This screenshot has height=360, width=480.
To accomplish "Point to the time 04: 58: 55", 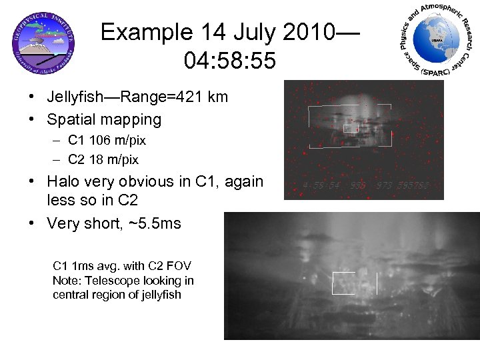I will click(230, 61).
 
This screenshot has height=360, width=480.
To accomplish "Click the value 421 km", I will click(208, 97).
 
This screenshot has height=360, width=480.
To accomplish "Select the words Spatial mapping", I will click(104, 120).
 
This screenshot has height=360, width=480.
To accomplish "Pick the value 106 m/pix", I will click(119, 141).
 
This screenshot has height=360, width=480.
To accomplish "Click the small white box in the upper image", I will click(351, 127).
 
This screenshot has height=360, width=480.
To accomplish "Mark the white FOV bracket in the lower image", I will click(355, 283).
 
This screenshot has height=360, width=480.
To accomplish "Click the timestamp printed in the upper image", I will click(364, 186).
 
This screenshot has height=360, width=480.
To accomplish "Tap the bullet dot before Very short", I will click(33, 223).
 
